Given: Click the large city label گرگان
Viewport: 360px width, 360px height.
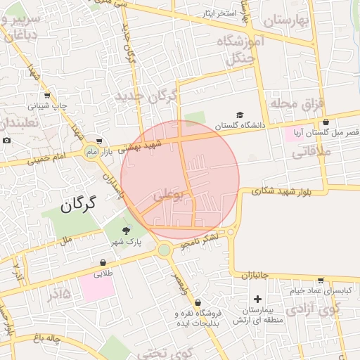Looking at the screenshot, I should click(x=77, y=205).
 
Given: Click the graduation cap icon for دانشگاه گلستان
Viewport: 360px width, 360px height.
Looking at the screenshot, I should click(x=240, y=115).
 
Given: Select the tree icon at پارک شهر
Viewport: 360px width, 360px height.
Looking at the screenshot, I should click(x=127, y=230).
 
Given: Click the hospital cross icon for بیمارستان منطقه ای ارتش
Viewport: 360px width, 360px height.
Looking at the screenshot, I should click(x=257, y=300).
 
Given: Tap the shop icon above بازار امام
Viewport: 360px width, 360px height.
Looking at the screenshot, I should click(x=99, y=141).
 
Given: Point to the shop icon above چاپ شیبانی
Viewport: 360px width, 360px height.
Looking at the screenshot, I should click(x=47, y=96).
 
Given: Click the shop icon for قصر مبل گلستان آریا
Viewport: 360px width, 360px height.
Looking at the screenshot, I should click(x=326, y=122).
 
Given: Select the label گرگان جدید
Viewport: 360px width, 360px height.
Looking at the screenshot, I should click(x=150, y=95).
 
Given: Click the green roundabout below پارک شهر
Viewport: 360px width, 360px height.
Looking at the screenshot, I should click(x=165, y=250).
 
